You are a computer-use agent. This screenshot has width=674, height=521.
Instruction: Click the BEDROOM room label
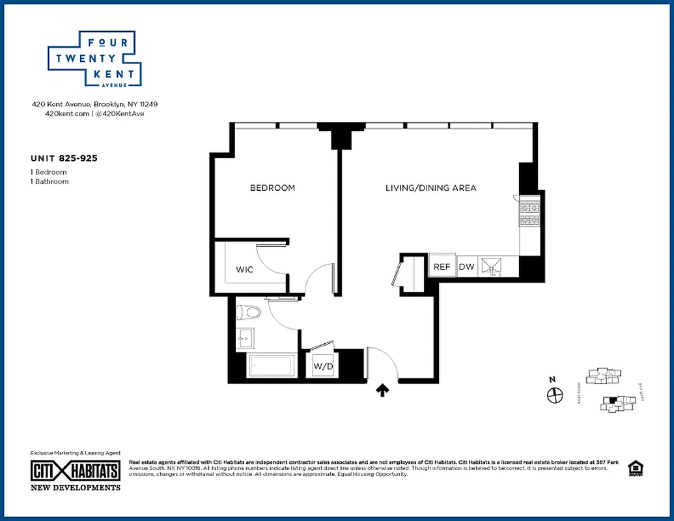coord(272,188)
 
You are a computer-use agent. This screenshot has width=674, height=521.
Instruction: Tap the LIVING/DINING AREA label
coord(430,188)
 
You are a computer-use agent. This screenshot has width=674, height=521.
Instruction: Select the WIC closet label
coord(244,270)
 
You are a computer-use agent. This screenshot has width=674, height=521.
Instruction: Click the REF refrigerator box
coord(442,266)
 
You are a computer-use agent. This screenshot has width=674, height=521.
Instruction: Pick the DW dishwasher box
coord(466,266)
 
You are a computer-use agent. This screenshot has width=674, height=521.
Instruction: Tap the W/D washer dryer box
coord(324,367)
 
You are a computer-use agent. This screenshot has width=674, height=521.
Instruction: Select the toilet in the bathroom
coord(248,313)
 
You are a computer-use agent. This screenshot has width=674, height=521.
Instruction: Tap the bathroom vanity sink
coord(246,338)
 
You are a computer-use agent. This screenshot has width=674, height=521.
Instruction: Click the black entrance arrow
coord(383,389)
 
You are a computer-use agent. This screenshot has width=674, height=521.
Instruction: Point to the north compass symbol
coord(554,394)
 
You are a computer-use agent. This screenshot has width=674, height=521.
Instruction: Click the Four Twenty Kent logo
coord(95,59)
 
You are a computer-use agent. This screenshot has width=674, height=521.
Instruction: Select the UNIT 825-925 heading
coord(64,158)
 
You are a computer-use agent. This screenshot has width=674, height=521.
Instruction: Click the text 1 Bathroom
coord(49,182)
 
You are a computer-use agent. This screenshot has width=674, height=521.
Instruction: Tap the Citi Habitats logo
coord(76,471)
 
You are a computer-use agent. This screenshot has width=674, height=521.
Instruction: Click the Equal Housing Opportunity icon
coord(634,468)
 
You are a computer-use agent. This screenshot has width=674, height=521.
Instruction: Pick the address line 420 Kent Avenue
coord(94,104)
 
